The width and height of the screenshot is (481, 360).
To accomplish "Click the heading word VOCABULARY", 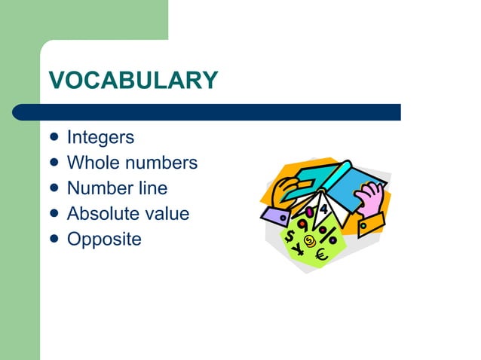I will [133, 80].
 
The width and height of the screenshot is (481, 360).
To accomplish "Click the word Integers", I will [100, 138].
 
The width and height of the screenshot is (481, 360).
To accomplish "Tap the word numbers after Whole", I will [161, 163].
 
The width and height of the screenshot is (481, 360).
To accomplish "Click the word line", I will [151, 188].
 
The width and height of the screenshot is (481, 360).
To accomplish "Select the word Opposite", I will [104, 239].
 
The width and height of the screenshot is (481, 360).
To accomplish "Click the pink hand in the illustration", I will [369, 199].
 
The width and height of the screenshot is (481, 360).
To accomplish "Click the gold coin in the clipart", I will [308, 239].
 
